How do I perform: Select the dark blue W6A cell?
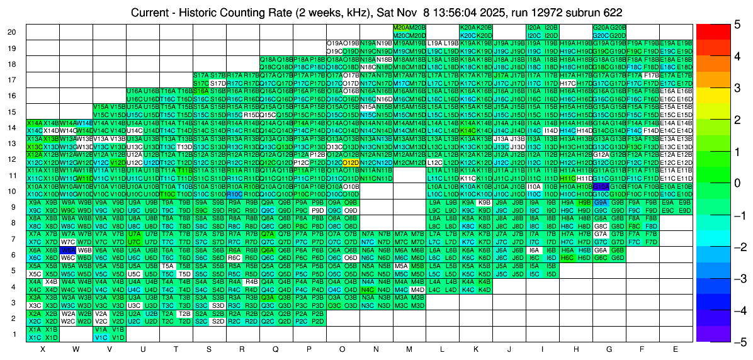tap(67, 250)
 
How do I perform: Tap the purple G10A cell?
tap(600, 187)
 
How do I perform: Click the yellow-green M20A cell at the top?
tap(400, 28)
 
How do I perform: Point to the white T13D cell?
tap(184, 147)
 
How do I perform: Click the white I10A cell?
tap(534, 187)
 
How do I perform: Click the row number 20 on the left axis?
tap(12, 32)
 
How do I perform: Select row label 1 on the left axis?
tap(14, 334)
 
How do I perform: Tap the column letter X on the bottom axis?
tap(42, 349)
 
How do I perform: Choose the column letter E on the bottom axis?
tap(676, 349)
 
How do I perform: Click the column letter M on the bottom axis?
tap(409, 349)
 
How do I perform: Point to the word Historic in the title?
tap(205, 13)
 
